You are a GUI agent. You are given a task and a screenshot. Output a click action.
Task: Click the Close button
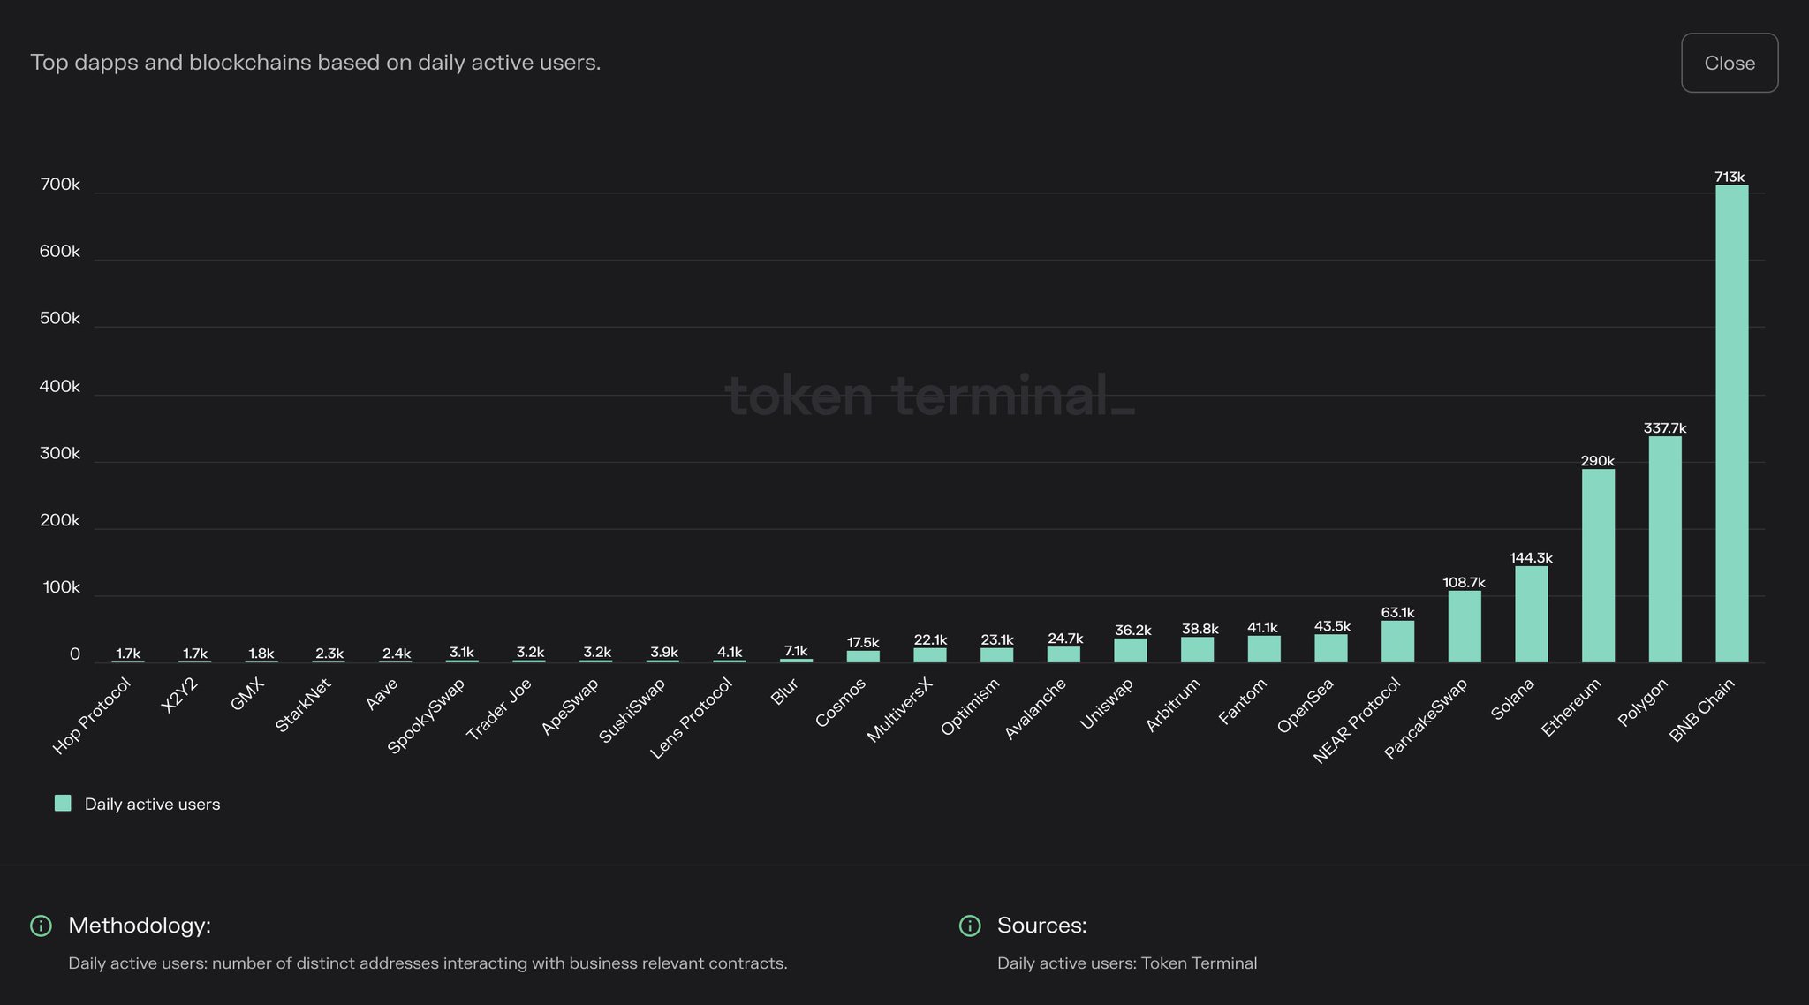pos(1729,63)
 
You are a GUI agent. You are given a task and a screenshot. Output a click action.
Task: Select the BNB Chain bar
pos(1731,424)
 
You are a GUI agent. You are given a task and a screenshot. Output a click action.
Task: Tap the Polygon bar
pos(1664,549)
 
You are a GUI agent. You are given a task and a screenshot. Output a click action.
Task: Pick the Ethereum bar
pos(1598,565)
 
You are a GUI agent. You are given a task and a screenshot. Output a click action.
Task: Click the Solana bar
pos(1531,614)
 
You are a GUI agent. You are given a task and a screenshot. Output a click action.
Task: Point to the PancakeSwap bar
pos(1464,626)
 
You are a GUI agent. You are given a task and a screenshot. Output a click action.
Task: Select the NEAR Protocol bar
pos(1397,641)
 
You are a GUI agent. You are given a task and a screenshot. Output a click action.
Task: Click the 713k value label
pos(1730,177)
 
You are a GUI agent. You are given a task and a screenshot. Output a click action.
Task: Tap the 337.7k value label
pos(1664,428)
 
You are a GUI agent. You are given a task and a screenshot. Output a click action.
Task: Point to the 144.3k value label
pos(1531,558)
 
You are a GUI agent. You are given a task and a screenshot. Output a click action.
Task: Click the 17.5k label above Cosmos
pos(863,643)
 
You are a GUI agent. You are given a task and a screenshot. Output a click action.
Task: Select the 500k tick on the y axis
pos(59,319)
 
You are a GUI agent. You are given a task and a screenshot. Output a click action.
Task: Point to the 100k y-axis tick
pos(61,587)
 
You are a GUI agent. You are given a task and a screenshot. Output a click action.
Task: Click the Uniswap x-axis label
pos(1107,705)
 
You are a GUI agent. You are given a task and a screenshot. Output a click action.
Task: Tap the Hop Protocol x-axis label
pos(92,715)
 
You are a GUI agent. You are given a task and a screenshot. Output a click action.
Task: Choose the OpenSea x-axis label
pos(1306,706)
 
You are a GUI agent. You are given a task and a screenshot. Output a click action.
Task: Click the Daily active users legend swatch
pos(63,803)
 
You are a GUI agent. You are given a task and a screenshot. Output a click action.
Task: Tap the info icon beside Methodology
pos(41,926)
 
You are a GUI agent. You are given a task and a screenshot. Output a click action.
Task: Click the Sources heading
pos(1041,926)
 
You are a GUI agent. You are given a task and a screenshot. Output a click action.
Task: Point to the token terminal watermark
pos(929,395)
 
